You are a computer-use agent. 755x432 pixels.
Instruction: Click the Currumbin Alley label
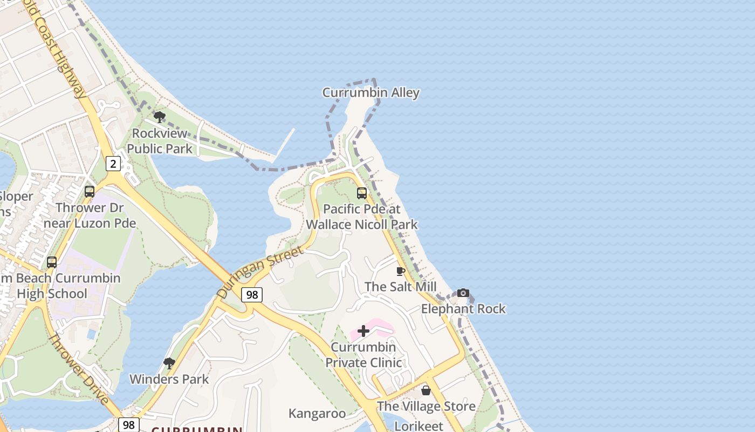point(370,93)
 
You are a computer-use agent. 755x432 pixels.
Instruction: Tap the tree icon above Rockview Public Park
point(159,117)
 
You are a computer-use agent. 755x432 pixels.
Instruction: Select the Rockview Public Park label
point(159,141)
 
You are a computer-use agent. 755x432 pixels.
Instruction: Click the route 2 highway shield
point(113,163)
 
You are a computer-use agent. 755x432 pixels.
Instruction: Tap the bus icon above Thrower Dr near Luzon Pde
point(90,191)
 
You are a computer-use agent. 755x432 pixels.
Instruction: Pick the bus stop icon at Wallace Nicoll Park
point(361,193)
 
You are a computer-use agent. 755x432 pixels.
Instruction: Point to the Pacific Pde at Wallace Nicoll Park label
point(362,217)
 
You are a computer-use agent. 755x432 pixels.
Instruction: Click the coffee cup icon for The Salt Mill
point(400,271)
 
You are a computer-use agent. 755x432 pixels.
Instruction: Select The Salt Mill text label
point(400,287)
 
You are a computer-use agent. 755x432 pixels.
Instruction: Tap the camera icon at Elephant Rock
point(463,293)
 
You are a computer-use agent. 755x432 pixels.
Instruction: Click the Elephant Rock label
point(463,309)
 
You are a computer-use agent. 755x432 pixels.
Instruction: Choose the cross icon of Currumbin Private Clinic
point(363,331)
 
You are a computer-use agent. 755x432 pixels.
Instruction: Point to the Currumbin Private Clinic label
point(363,355)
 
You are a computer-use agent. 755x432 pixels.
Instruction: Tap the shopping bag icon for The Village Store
point(426,390)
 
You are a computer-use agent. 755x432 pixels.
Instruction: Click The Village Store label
point(426,406)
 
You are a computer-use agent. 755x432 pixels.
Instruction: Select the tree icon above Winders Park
point(169,363)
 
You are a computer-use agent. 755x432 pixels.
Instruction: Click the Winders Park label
point(169,379)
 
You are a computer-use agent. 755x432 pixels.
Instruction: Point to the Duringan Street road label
point(260,272)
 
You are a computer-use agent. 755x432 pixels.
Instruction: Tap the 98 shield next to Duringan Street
point(252,294)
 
